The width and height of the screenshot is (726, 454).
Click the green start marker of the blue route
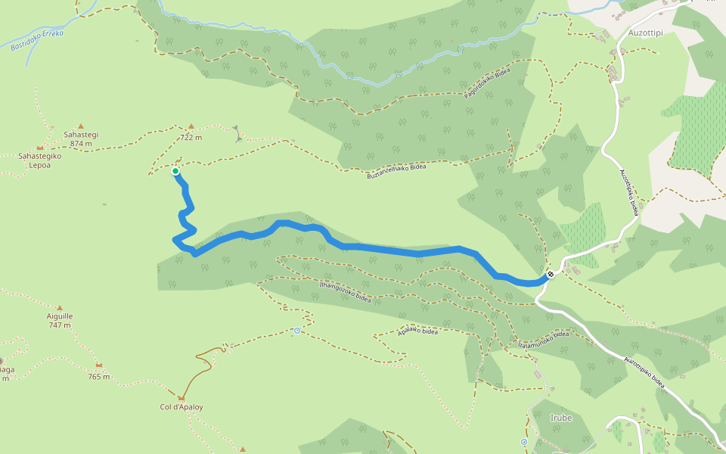pyautogui.click(x=175, y=172)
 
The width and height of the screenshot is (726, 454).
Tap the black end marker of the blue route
pyautogui.click(x=551, y=274)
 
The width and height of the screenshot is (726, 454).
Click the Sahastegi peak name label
pyautogui.click(x=81, y=135)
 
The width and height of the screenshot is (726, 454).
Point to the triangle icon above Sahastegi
pyautogui.click(x=81, y=126)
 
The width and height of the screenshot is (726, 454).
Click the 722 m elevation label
pyautogui.click(x=191, y=138)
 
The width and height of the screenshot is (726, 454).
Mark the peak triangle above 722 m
pyautogui.click(x=191, y=126)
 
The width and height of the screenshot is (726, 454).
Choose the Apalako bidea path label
pyautogui.click(x=418, y=331)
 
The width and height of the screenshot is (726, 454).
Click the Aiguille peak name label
pyautogui.click(x=60, y=316)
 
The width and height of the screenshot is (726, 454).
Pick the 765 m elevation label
pyautogui.click(x=98, y=376)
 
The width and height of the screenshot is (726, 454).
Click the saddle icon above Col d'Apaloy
pyautogui.click(x=181, y=397)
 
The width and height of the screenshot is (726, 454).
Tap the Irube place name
pyautogui.click(x=561, y=418)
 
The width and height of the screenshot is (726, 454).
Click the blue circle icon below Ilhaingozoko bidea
pyautogui.click(x=297, y=331)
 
